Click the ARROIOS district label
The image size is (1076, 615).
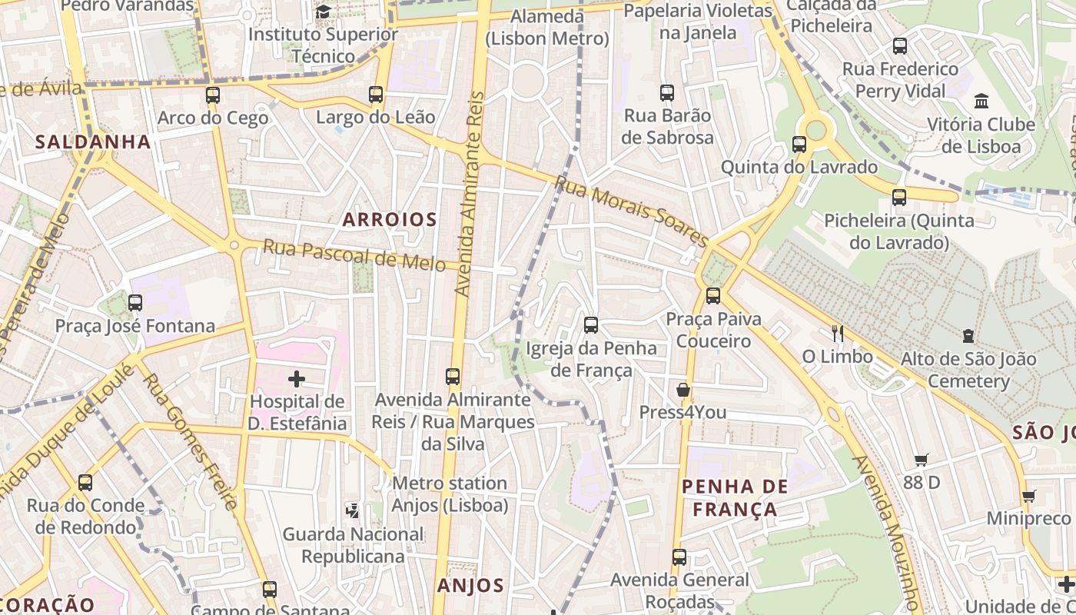click(x=390, y=220)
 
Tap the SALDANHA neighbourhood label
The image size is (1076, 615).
click(x=92, y=142)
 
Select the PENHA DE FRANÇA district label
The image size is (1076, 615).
click(x=736, y=497)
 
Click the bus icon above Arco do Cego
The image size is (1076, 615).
click(x=213, y=95)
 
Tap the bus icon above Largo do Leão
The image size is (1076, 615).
click(x=376, y=95)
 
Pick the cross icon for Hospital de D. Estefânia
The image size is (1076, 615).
click(x=297, y=378)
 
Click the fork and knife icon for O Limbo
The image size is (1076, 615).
click(x=838, y=334)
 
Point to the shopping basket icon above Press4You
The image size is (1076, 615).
click(x=682, y=390)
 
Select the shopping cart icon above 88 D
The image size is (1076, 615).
click(x=922, y=460)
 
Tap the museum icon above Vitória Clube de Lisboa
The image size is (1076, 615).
click(x=981, y=101)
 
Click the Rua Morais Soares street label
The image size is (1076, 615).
click(x=631, y=211)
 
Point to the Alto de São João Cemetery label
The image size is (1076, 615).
click(x=968, y=370)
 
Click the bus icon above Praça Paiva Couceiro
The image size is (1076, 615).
click(x=713, y=295)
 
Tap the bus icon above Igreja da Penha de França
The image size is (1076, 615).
click(x=591, y=325)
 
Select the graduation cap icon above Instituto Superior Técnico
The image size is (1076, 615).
click(x=323, y=12)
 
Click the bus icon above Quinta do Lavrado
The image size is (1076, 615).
click(x=799, y=145)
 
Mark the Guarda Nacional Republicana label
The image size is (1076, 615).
click(x=353, y=544)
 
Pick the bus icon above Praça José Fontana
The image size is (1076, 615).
click(x=135, y=303)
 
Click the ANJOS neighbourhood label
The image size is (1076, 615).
click(x=470, y=586)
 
